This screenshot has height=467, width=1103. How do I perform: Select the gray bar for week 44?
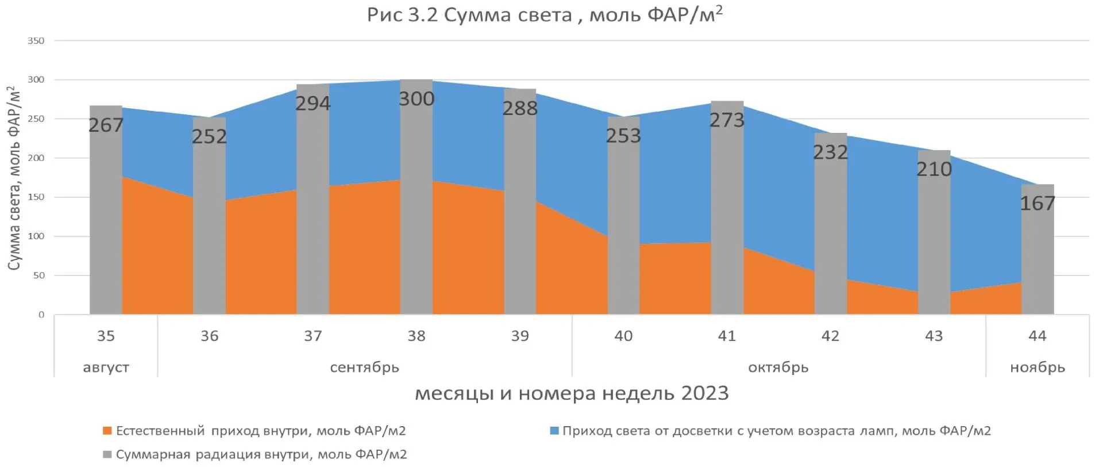click(1038, 259)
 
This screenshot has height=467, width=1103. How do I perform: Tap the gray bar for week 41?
click(727, 219)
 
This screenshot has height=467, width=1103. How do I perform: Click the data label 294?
click(313, 104)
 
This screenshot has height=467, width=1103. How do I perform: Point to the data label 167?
click(1038, 203)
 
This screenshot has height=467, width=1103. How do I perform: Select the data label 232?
click(831, 152)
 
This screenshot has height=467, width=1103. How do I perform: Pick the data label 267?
click(106, 125)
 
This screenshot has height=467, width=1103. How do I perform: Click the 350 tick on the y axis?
click(36, 41)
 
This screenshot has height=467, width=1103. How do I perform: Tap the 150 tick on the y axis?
click(36, 197)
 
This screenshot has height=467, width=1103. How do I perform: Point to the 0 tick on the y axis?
click(41, 315)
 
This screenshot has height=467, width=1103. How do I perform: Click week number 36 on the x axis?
click(210, 336)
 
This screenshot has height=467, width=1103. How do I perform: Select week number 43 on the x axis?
click(934, 336)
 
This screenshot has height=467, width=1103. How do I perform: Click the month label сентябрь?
click(364, 367)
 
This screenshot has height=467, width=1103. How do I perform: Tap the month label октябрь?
click(778, 367)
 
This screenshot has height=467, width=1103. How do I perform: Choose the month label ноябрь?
click(1038, 367)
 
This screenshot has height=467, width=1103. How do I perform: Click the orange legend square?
click(107, 430)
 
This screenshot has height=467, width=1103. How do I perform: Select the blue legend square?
click(554, 430)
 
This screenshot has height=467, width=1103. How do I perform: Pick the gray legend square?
click(107, 454)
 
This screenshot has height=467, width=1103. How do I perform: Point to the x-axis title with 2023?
click(572, 393)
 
